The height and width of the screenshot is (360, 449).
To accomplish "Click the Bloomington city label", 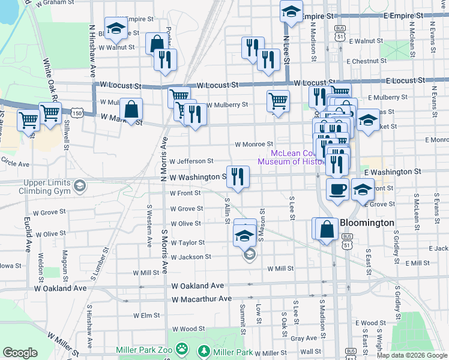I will pyautogui.click(x=367, y=223).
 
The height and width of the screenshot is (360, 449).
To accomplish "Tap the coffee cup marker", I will pyautogui.click(x=337, y=189).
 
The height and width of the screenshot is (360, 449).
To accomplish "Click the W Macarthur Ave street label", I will pyautogui.click(x=201, y=299).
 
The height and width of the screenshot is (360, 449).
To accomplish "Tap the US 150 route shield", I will pyautogui.click(x=76, y=112).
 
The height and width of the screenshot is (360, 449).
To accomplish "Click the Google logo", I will pyautogui.click(x=20, y=353).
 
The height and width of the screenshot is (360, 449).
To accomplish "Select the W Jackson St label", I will pyautogui.click(x=191, y=257).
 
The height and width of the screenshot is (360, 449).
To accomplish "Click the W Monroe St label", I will pyautogui.click(x=254, y=145).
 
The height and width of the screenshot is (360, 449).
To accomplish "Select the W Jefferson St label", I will pyautogui.click(x=191, y=161).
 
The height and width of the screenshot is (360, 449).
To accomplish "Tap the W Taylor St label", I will pyautogui.click(x=188, y=243).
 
